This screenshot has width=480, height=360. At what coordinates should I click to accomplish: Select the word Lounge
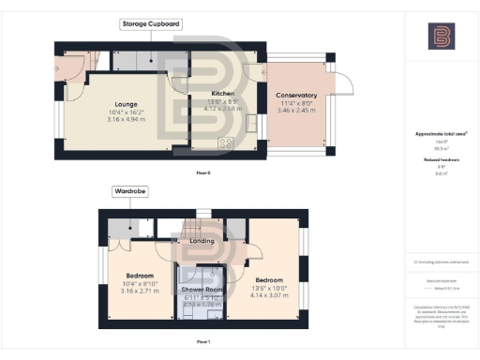click(126, 104)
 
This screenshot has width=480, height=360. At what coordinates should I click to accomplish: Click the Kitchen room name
click(222, 95)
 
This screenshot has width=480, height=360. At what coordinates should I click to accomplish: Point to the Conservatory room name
click(295, 96)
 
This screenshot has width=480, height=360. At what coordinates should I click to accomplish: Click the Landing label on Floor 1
click(202, 241)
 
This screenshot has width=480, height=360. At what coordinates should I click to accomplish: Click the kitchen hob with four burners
click(225, 142)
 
